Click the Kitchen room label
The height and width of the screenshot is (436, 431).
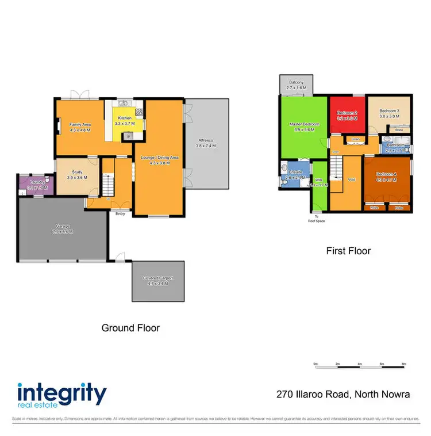pos(124,117)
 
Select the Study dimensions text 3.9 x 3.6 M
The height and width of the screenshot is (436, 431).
pos(78,177)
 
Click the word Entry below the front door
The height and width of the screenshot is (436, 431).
pos(120,214)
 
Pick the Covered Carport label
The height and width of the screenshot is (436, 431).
pos(158,278)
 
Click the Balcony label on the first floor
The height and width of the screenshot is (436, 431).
pos(297,82)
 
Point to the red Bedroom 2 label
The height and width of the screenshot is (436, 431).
pos(348,112)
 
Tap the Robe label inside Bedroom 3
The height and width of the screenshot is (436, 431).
pos(399,130)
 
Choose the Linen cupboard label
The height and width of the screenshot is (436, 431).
pos(355,139)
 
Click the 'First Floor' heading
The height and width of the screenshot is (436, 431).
pos(348,251)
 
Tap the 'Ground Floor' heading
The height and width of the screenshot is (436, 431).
pos(130,328)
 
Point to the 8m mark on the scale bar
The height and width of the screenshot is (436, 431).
pos(404,364)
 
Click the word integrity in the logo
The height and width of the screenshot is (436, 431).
pos(61,395)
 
